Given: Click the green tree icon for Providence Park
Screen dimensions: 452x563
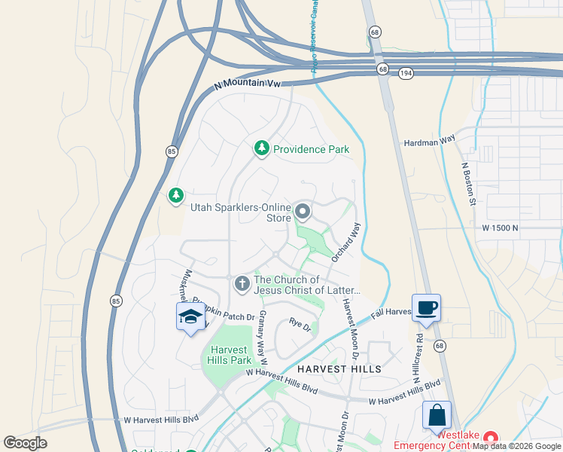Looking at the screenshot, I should tap(261, 149).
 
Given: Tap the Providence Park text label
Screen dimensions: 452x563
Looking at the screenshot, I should tap(311, 149).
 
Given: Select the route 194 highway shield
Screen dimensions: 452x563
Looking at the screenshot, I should tap(406, 73).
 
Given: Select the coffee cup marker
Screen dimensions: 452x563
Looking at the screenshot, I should tap(426, 308).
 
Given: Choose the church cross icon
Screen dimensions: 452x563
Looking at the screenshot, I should tap(242, 284).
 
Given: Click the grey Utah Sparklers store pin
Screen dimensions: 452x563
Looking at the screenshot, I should tap(303, 212).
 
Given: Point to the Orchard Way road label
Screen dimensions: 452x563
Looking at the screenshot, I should tap(346, 242).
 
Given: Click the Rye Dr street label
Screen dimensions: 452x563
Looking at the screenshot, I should tap(300, 325).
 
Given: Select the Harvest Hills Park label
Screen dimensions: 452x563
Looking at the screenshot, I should tap(230, 355).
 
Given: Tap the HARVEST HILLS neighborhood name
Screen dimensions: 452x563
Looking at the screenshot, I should tap(339, 369).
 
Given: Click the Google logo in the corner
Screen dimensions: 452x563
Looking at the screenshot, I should tap(26, 443).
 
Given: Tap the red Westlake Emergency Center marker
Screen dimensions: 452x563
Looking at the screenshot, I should tap(491, 438).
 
